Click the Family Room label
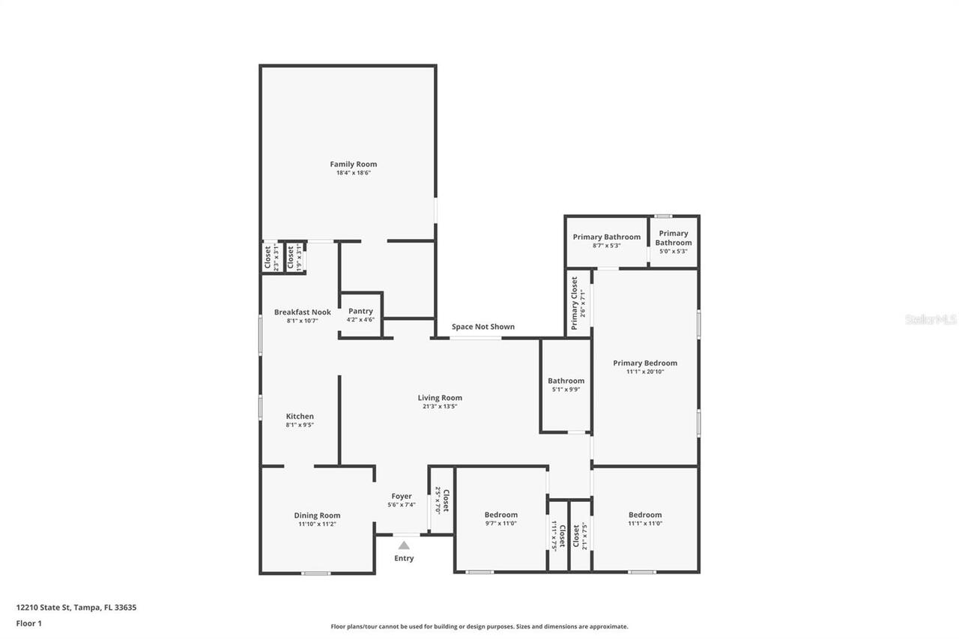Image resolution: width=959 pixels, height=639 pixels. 354,164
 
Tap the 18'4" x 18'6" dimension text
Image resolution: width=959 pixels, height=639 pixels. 354,173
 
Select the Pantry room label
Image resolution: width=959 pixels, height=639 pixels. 360,311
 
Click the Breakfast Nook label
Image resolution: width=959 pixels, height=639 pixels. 302,312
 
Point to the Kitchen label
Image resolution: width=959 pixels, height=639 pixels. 300,417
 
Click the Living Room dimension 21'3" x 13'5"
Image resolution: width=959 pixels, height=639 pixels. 440,407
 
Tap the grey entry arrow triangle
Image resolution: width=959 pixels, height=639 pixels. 404,545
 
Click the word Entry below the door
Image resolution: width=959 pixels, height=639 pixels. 404,558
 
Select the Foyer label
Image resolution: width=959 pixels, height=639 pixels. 402,496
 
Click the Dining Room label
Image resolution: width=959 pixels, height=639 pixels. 317,515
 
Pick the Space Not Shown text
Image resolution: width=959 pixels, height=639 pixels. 482,327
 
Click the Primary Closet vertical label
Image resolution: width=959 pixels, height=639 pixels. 575,303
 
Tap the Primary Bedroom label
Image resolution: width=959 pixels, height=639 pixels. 644,363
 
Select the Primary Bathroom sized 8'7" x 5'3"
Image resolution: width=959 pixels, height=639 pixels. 606,237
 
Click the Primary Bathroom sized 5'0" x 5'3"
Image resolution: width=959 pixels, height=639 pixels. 674,237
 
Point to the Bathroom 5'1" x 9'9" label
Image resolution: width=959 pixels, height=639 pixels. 566,381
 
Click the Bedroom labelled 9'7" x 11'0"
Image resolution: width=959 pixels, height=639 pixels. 500,515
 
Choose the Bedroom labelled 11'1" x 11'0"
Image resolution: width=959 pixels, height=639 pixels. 645,515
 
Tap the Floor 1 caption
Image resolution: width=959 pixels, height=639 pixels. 29,623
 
